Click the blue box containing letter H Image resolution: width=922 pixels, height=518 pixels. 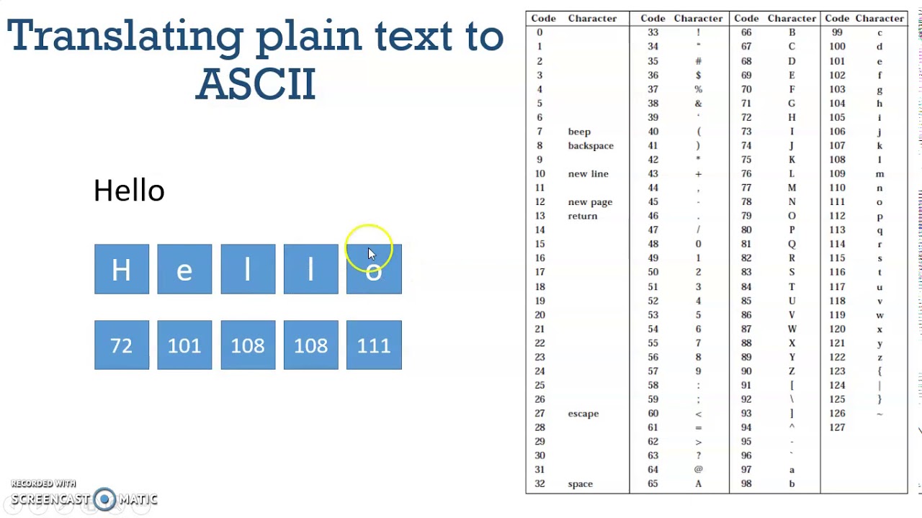tap(122, 269)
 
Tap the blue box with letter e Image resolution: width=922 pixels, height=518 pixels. tap(184, 269)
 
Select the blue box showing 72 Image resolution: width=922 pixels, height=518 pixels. tap(122, 345)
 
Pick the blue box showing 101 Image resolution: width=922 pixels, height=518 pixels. tap(184, 345)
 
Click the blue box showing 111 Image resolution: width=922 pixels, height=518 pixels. tap(374, 345)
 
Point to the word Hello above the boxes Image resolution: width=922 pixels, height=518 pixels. tap(129, 191)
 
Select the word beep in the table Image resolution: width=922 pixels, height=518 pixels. tap(579, 132)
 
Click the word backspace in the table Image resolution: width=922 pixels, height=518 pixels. tap(591, 146)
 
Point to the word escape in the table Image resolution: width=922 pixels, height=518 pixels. tap(583, 414)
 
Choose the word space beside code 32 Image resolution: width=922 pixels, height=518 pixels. tap(581, 484)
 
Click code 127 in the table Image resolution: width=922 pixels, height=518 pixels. tap(836, 427)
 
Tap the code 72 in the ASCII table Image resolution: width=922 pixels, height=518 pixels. tap(746, 117)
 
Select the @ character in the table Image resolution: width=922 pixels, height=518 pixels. tap(698, 470)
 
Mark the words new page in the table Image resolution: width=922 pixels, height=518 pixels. tap(590, 202)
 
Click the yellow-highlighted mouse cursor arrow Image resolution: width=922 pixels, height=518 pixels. tap(371, 253)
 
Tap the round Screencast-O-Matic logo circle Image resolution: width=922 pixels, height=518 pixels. tap(105, 499)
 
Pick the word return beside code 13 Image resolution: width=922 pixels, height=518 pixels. tap(583, 216)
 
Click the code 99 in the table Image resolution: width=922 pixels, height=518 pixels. tap(837, 32)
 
